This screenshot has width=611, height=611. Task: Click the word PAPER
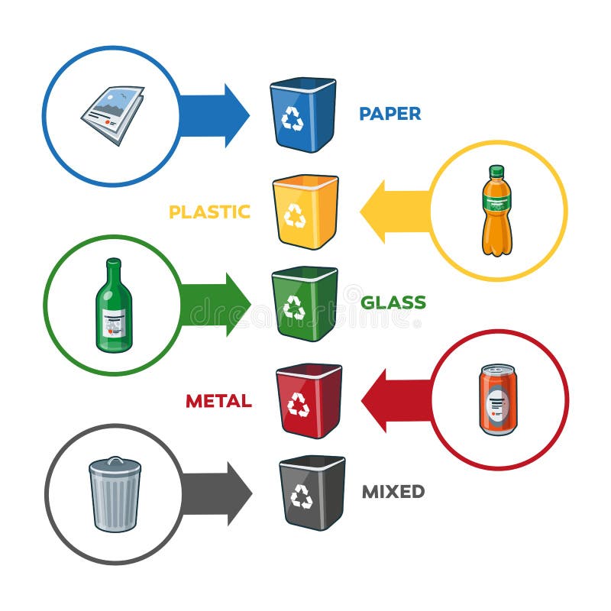tap(390, 114)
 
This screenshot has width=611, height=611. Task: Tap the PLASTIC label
tap(209, 212)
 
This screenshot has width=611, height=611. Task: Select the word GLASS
tap(393, 302)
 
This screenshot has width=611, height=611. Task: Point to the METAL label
tap(218, 401)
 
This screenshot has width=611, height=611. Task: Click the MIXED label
tap(393, 492)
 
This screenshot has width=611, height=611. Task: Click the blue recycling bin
tap(303, 115)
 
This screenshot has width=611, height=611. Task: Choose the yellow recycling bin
tap(305, 212)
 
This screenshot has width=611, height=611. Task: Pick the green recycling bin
tap(305, 304)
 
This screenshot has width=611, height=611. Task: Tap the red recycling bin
tap(309, 401)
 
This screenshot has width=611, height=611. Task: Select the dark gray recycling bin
tap(312, 493)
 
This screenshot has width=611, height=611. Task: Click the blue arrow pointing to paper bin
tap(214, 116)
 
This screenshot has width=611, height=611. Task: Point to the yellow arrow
tap(396, 212)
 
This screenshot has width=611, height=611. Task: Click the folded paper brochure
tap(113, 115)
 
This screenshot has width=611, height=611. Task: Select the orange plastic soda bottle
tap(497, 211)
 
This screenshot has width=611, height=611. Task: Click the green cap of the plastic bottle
tap(497, 170)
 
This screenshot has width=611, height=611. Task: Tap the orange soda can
tap(497, 399)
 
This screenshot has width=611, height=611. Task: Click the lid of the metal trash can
tap(115, 465)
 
